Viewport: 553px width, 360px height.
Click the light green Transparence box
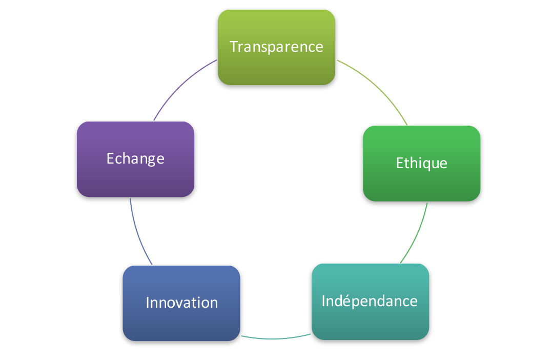277,47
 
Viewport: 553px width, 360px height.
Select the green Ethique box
421,164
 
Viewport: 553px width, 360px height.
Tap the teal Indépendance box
371,302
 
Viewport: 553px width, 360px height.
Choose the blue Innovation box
181,303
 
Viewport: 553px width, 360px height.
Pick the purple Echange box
135,159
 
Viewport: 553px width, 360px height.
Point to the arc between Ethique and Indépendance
417,234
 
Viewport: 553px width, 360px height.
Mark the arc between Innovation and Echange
137,233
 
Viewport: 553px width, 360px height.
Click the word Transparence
277,47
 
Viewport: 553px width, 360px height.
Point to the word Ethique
421,164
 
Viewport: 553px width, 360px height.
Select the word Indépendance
370,301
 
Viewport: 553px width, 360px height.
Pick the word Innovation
181,303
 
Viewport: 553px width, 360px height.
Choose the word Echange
135,159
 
